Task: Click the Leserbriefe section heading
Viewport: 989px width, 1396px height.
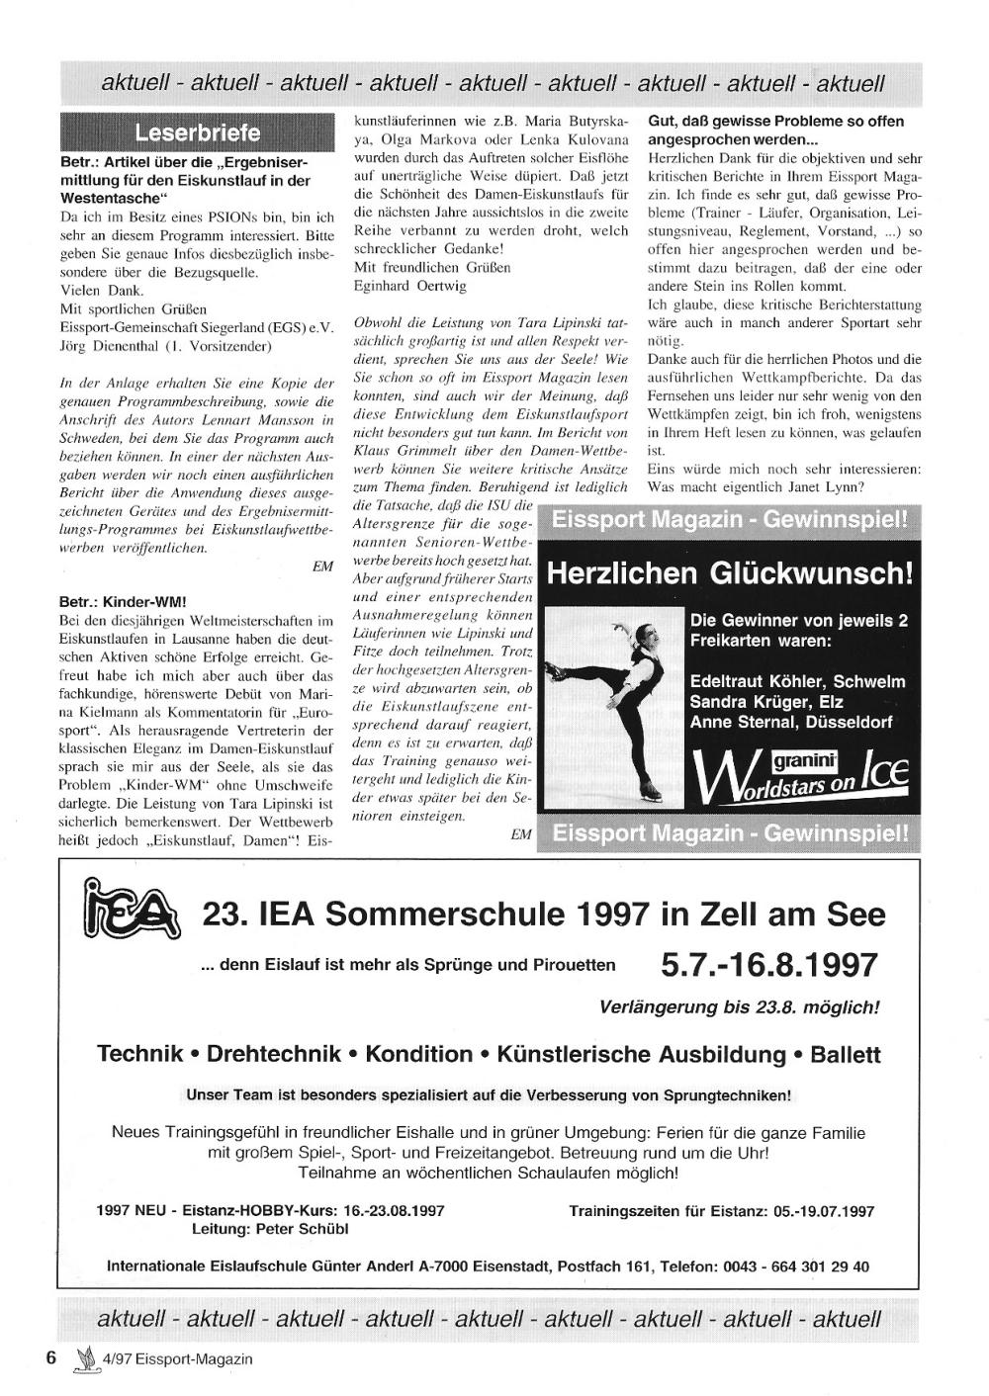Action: [x=197, y=132]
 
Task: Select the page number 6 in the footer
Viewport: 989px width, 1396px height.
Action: [x=52, y=1357]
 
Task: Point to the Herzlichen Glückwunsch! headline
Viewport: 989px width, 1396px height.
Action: [x=729, y=573]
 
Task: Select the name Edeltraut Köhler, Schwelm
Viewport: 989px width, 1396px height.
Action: [x=797, y=681]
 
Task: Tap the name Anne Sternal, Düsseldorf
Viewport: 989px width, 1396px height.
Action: [x=791, y=722]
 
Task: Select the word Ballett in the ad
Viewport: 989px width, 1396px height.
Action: [x=845, y=1054]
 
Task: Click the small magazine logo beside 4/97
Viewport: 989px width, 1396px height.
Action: [x=84, y=1358]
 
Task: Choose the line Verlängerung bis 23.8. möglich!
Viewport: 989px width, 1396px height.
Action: [x=739, y=1007]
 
